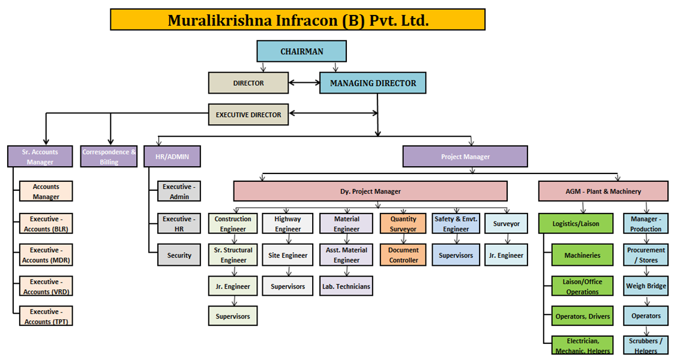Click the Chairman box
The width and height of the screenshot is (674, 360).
(301, 51)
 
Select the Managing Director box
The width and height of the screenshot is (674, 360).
(373, 83)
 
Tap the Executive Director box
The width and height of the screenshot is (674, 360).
(248, 115)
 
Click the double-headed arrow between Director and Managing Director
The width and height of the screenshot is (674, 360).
(304, 82)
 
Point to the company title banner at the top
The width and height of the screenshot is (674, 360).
(298, 20)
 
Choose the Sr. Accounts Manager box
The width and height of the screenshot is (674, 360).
(40, 157)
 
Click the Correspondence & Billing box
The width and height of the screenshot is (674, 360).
(109, 157)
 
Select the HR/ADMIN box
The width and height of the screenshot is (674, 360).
(172, 157)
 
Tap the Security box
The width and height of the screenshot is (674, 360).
(179, 255)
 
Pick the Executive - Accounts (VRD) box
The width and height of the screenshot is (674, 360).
(46, 286)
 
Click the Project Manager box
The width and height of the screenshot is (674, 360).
(465, 157)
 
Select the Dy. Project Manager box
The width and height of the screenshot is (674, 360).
(370, 191)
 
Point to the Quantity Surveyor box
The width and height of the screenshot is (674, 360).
(403, 223)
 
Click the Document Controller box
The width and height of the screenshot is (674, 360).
(403, 255)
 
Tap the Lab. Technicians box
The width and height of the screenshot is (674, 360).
(346, 286)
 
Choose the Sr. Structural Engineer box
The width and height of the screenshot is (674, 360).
(233, 255)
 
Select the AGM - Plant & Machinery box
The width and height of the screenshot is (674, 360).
(603, 191)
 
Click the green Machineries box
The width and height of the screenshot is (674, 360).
(582, 255)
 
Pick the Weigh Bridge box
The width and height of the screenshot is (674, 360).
(646, 286)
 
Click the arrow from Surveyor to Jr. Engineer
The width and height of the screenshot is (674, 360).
(507, 239)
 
